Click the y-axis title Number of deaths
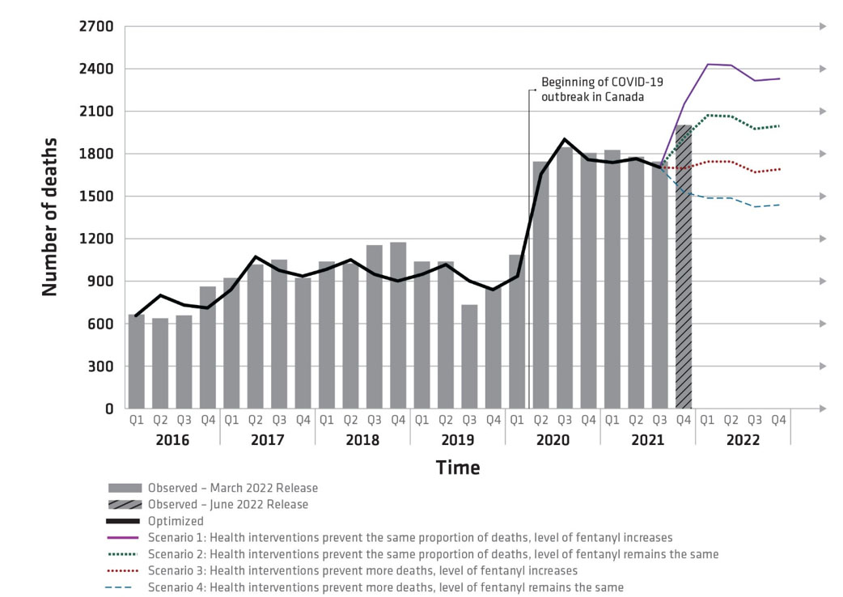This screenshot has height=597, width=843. tap(50, 217)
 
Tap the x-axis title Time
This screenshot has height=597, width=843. tap(458, 468)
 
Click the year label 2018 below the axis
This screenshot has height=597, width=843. tap(362, 440)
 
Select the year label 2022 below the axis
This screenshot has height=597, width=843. tap(743, 440)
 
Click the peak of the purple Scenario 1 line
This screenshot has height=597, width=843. tap(708, 64)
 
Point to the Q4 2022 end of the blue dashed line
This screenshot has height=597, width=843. tap(779, 205)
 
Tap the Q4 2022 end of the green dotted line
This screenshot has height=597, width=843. tap(779, 125)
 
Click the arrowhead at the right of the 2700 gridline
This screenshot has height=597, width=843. tap(823, 27)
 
